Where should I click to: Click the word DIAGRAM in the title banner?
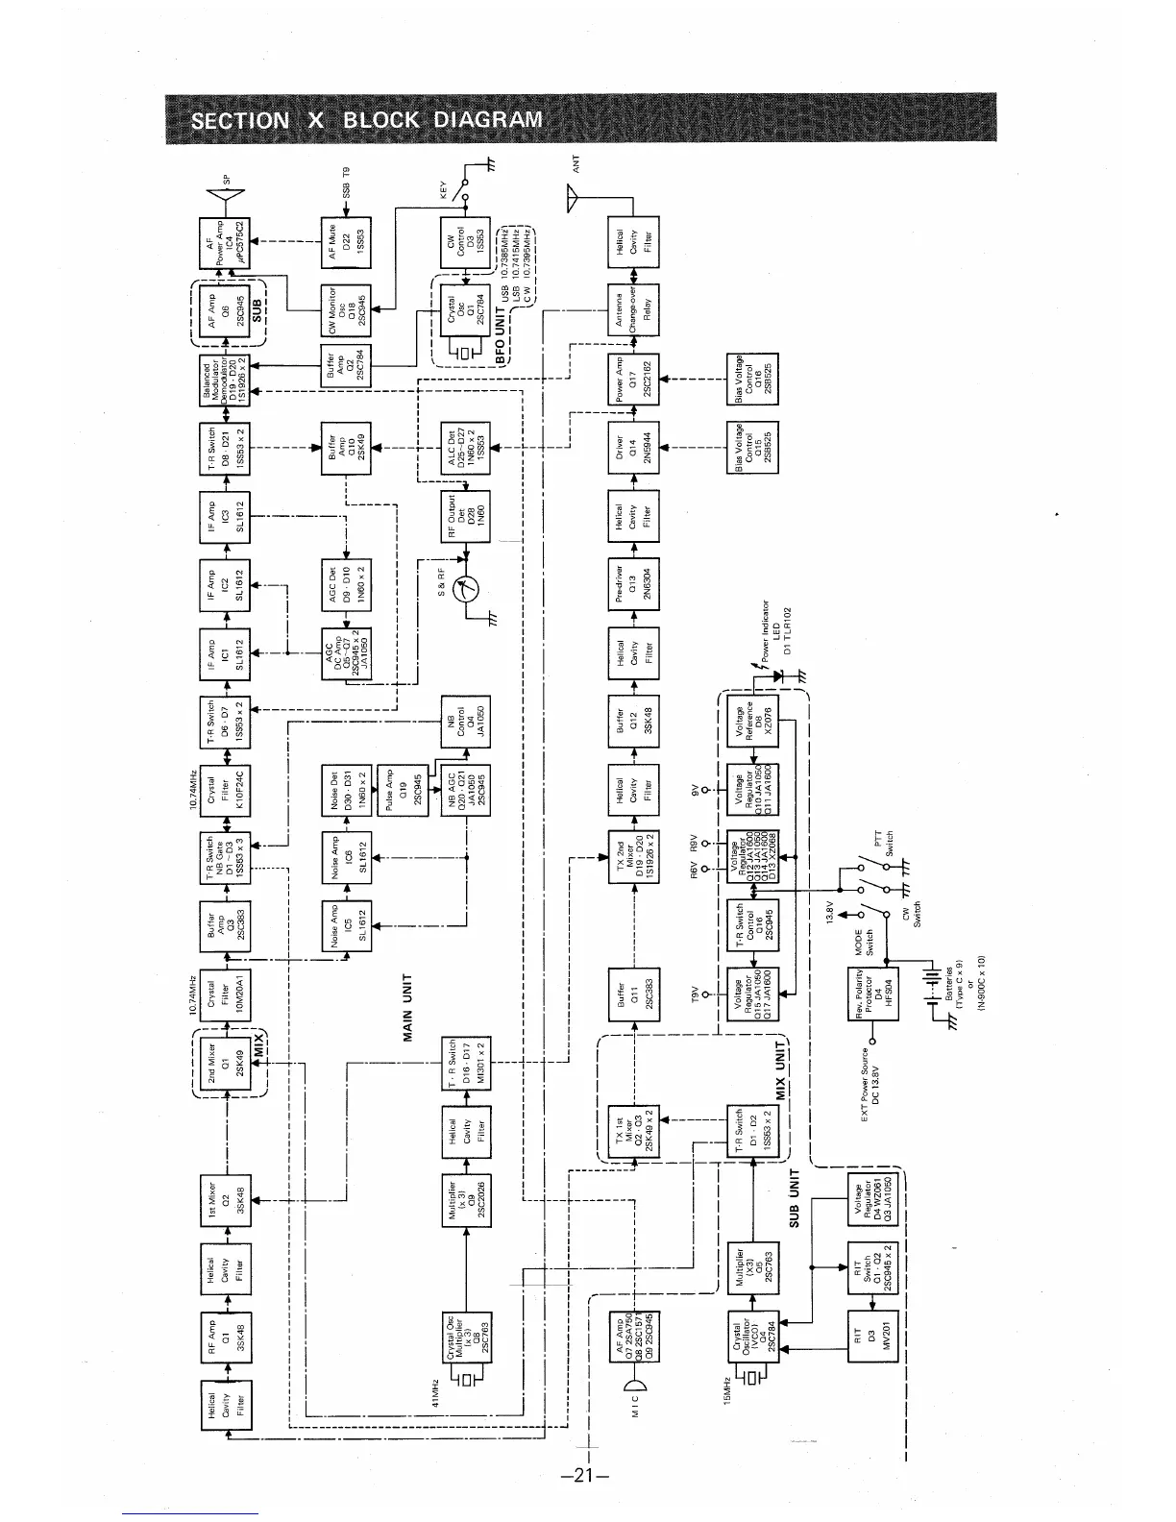(x=489, y=120)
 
